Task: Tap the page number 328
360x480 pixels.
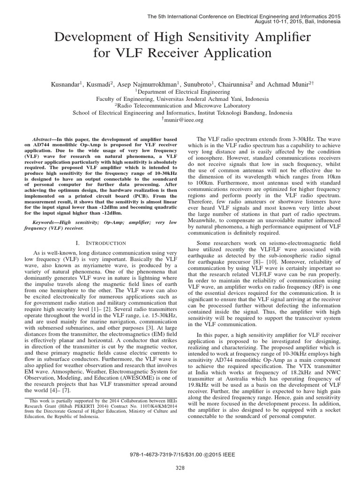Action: pyautogui.click(x=180, y=467)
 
